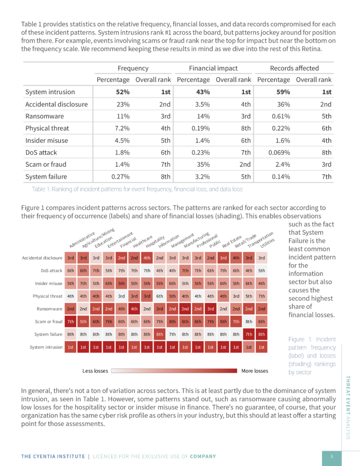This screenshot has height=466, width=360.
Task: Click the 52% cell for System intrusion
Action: coord(123,92)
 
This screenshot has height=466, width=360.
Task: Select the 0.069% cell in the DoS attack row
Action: coord(279,152)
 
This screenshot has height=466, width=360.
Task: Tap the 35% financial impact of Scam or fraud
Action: coord(203,164)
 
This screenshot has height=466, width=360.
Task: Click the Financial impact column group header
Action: coord(213,68)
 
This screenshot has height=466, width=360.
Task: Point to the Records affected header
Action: coord(294,68)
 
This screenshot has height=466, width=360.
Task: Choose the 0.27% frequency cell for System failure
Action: coord(120,176)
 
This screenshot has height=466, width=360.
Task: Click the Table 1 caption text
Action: coord(137,189)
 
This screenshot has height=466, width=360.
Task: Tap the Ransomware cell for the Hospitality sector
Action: coord(147,309)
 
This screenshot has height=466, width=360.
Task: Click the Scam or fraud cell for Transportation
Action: coord(249,322)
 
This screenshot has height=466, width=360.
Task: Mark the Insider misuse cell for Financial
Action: coord(122,284)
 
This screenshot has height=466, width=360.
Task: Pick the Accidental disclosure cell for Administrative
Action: coord(71,258)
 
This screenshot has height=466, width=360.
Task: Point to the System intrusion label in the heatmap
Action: coord(46,347)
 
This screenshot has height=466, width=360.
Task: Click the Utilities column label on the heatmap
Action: coord(268,243)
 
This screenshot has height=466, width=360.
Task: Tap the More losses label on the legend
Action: coord(255,371)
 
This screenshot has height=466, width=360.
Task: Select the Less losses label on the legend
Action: coord(95,371)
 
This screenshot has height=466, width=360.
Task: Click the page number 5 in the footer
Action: coord(332,456)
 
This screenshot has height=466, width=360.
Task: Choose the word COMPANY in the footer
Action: coord(203,456)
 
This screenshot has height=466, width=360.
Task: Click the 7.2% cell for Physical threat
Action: coord(122,128)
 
